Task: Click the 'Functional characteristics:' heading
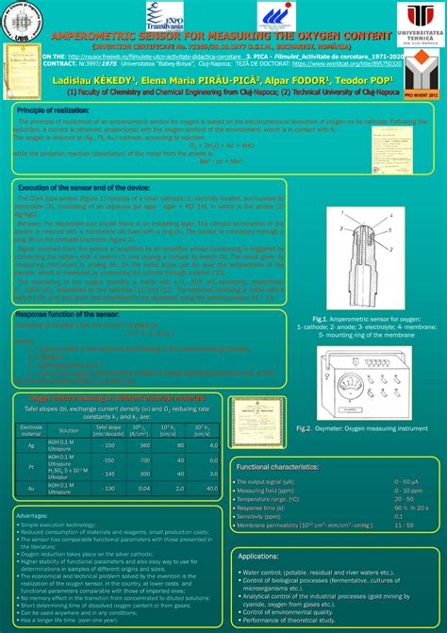tap(276, 467)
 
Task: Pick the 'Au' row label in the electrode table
tap(31, 489)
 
